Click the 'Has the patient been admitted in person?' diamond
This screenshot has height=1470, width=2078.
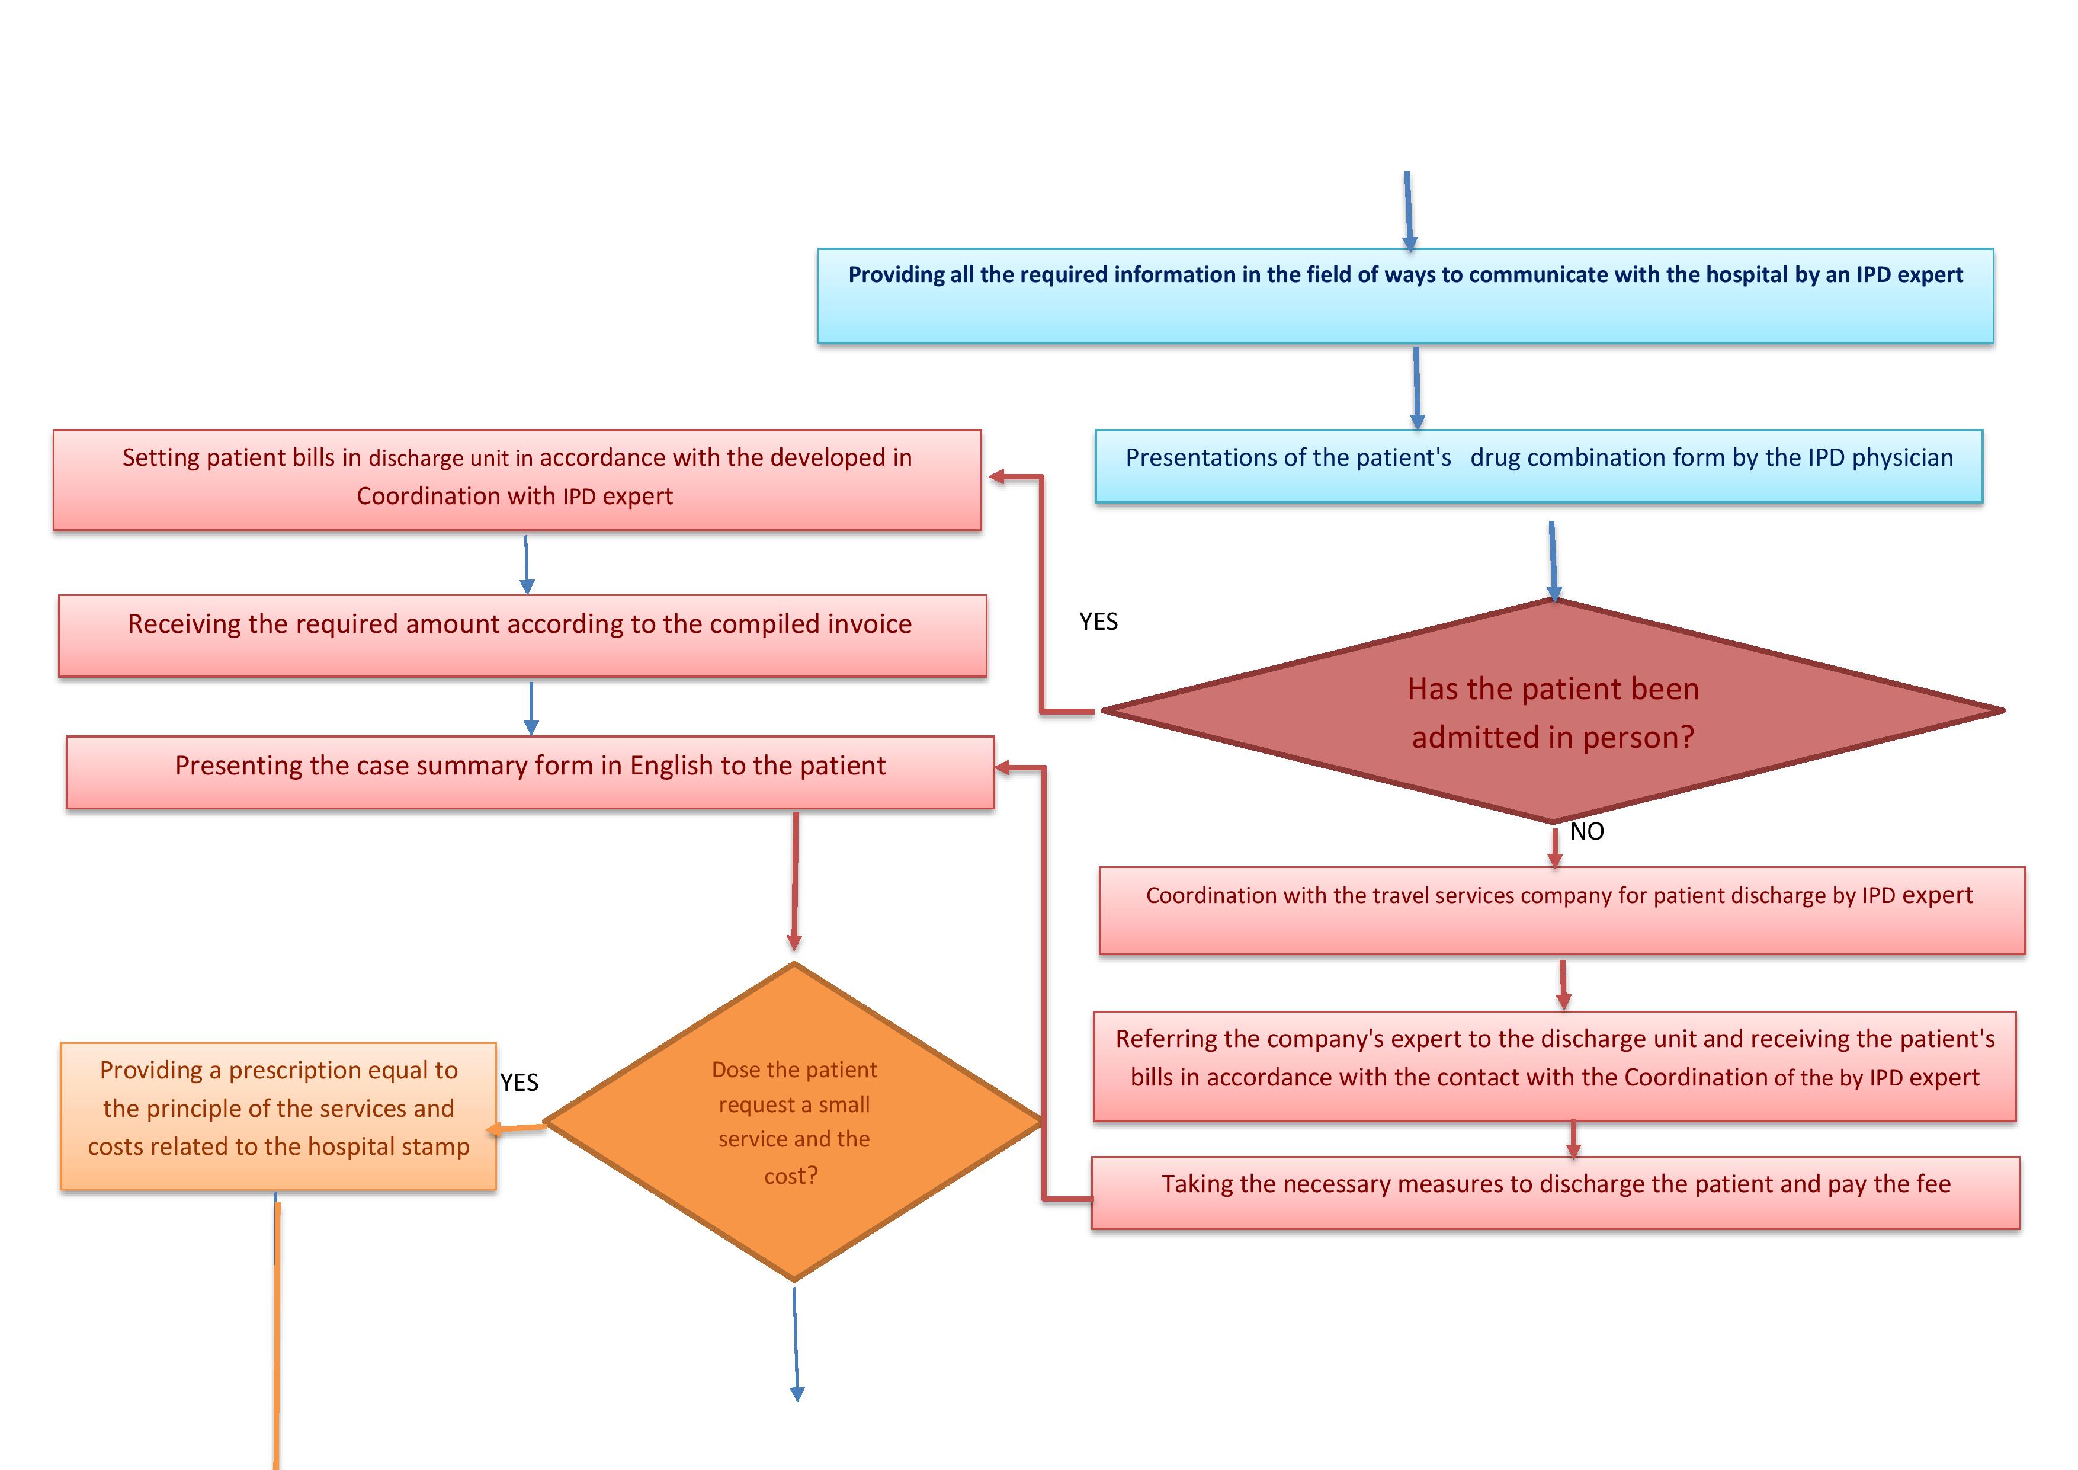pos(1553,712)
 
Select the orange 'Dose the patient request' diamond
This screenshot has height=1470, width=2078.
pos(794,1122)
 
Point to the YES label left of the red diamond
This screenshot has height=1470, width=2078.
pos(1098,622)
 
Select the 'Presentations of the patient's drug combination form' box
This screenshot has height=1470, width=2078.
pos(1538,466)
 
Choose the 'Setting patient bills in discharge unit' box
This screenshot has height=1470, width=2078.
pos(517,480)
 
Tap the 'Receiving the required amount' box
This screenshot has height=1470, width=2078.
pos(522,635)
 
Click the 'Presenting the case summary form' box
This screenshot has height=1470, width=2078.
pos(530,772)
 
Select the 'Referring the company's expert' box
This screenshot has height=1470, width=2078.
pos(1554,1067)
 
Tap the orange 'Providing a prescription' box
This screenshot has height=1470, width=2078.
pos(279,1116)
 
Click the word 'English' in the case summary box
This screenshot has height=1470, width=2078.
pos(671,766)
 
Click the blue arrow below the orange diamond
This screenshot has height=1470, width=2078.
pos(796,1344)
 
